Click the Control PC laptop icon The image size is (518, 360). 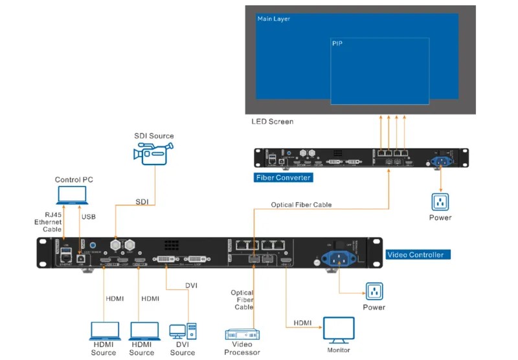[72, 195]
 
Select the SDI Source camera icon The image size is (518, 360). [153, 153]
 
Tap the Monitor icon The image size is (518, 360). [339, 330]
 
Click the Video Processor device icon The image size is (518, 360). [242, 335]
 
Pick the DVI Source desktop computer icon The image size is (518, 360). [183, 331]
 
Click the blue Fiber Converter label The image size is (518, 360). [284, 177]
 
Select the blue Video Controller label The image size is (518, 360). [418, 254]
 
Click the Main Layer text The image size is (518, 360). [274, 19]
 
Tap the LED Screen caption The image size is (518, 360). [273, 122]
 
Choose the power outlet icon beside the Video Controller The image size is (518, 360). [374, 291]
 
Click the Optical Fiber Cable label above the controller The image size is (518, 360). [301, 205]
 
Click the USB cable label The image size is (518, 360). [88, 216]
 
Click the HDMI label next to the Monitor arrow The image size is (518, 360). [302, 322]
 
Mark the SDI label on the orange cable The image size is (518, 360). [142, 201]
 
